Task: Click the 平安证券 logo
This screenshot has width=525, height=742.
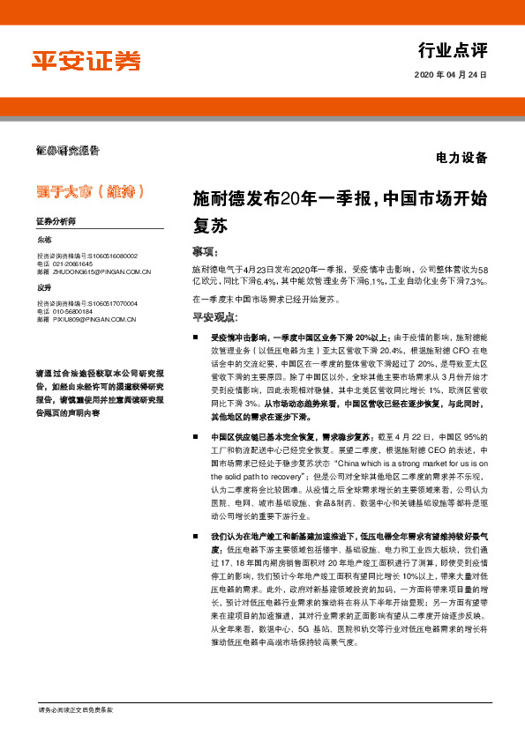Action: tap(86, 60)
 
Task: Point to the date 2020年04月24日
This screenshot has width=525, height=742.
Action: tap(450, 75)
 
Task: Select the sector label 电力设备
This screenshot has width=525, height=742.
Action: tap(461, 159)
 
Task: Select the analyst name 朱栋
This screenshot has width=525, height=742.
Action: tap(44, 240)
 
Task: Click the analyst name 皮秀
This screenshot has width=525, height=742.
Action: tap(44, 288)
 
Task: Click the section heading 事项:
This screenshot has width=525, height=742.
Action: tap(206, 251)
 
